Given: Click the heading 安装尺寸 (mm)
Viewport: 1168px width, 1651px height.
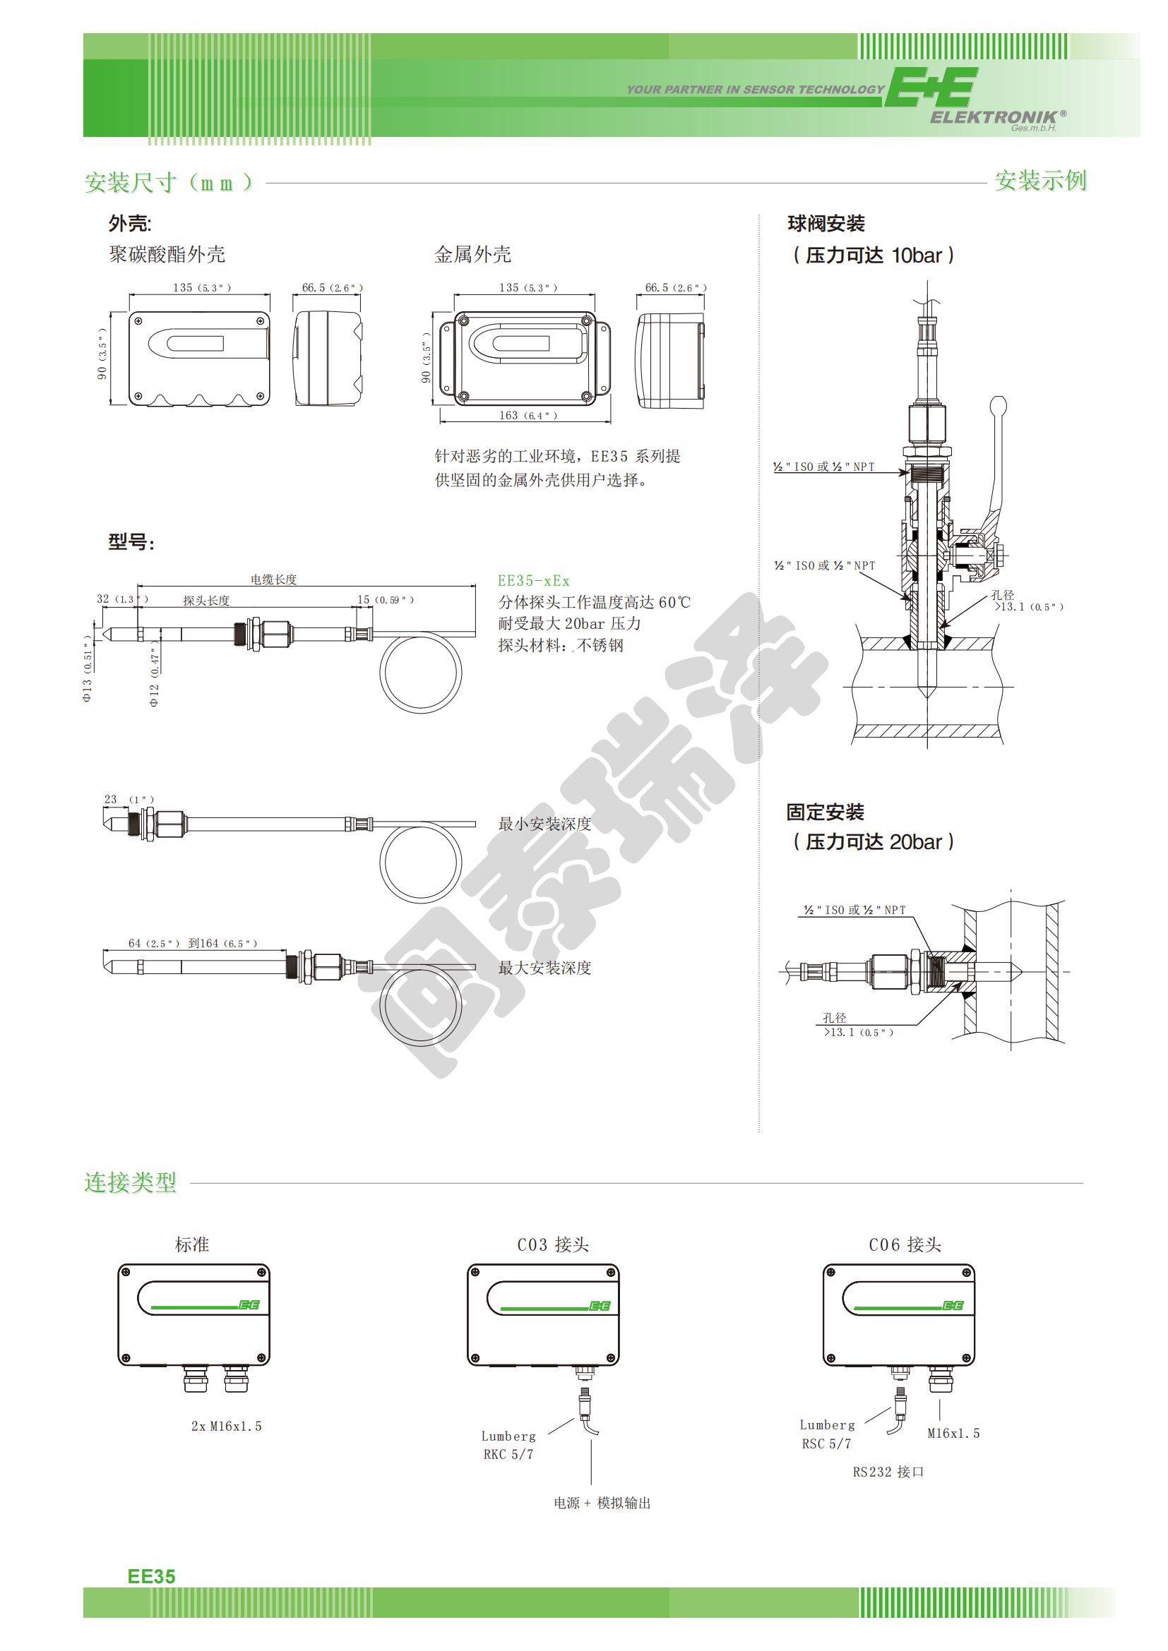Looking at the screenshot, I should coord(169,183).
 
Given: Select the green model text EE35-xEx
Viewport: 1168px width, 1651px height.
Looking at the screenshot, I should coord(534,580).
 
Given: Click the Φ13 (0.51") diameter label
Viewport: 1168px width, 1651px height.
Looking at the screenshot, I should coord(88,668).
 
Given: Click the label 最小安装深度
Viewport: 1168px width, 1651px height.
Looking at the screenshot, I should coord(544,824).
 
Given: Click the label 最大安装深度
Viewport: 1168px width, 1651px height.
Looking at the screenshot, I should coord(544,968).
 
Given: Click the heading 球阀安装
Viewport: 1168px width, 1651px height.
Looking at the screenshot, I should coord(826,224).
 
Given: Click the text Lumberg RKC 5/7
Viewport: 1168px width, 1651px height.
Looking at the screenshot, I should coord(508,1446).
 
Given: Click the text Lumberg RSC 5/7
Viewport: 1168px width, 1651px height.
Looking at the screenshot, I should coord(827,1434).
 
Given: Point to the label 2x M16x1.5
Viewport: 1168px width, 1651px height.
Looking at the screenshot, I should coord(226,1426).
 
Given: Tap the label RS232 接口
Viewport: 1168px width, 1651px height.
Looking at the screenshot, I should coord(888,1472).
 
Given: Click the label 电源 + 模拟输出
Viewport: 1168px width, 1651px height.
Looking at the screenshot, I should coord(602,1503).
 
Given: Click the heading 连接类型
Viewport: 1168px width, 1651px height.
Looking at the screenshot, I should coord(130,1182).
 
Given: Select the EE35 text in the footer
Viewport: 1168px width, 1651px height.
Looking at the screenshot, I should coord(151,1576).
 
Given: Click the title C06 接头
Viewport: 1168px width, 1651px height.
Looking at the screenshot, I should coord(905,1244).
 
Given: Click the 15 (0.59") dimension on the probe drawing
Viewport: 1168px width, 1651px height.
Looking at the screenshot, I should coord(386,600).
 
